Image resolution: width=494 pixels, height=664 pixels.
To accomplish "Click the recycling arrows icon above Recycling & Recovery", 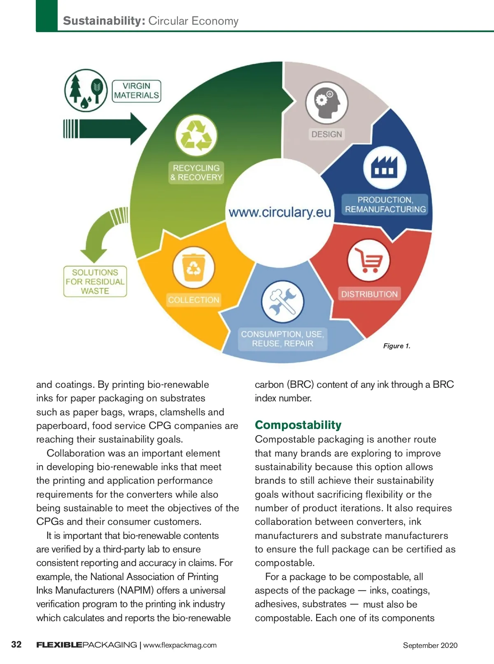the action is click(x=196, y=135).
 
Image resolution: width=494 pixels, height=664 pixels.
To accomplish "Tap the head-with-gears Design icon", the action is click(x=326, y=103).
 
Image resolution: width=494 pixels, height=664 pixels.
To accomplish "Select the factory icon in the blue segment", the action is click(x=385, y=168).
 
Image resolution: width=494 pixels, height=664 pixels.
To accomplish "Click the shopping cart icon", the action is click(x=368, y=260).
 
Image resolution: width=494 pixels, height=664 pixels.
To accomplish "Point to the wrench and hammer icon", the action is click(x=282, y=301).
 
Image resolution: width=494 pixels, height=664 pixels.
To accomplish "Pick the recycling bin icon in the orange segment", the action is click(x=194, y=267).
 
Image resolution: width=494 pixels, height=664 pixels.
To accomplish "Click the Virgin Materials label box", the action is click(x=137, y=91).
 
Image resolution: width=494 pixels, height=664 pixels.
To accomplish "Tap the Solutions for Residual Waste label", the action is click(x=95, y=282).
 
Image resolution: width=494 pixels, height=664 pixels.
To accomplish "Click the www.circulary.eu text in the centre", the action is click(x=280, y=212).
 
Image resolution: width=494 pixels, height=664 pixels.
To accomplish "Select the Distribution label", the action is click(x=369, y=294).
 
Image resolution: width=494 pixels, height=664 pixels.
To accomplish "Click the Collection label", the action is click(x=194, y=300).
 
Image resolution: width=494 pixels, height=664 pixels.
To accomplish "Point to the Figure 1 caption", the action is click(x=397, y=346).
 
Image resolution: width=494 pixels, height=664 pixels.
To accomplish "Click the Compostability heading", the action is click(x=298, y=425).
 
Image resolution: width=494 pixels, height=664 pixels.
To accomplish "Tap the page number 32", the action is click(x=16, y=644).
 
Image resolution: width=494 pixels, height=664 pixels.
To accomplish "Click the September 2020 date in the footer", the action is click(x=430, y=645).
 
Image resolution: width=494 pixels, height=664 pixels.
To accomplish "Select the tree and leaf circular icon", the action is click(x=86, y=91).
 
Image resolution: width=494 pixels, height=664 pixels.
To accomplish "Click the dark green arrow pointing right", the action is click(x=105, y=129).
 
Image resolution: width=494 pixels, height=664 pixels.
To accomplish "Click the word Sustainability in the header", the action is click(x=104, y=21).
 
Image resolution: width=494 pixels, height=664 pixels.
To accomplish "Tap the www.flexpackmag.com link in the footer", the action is click(x=180, y=645).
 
